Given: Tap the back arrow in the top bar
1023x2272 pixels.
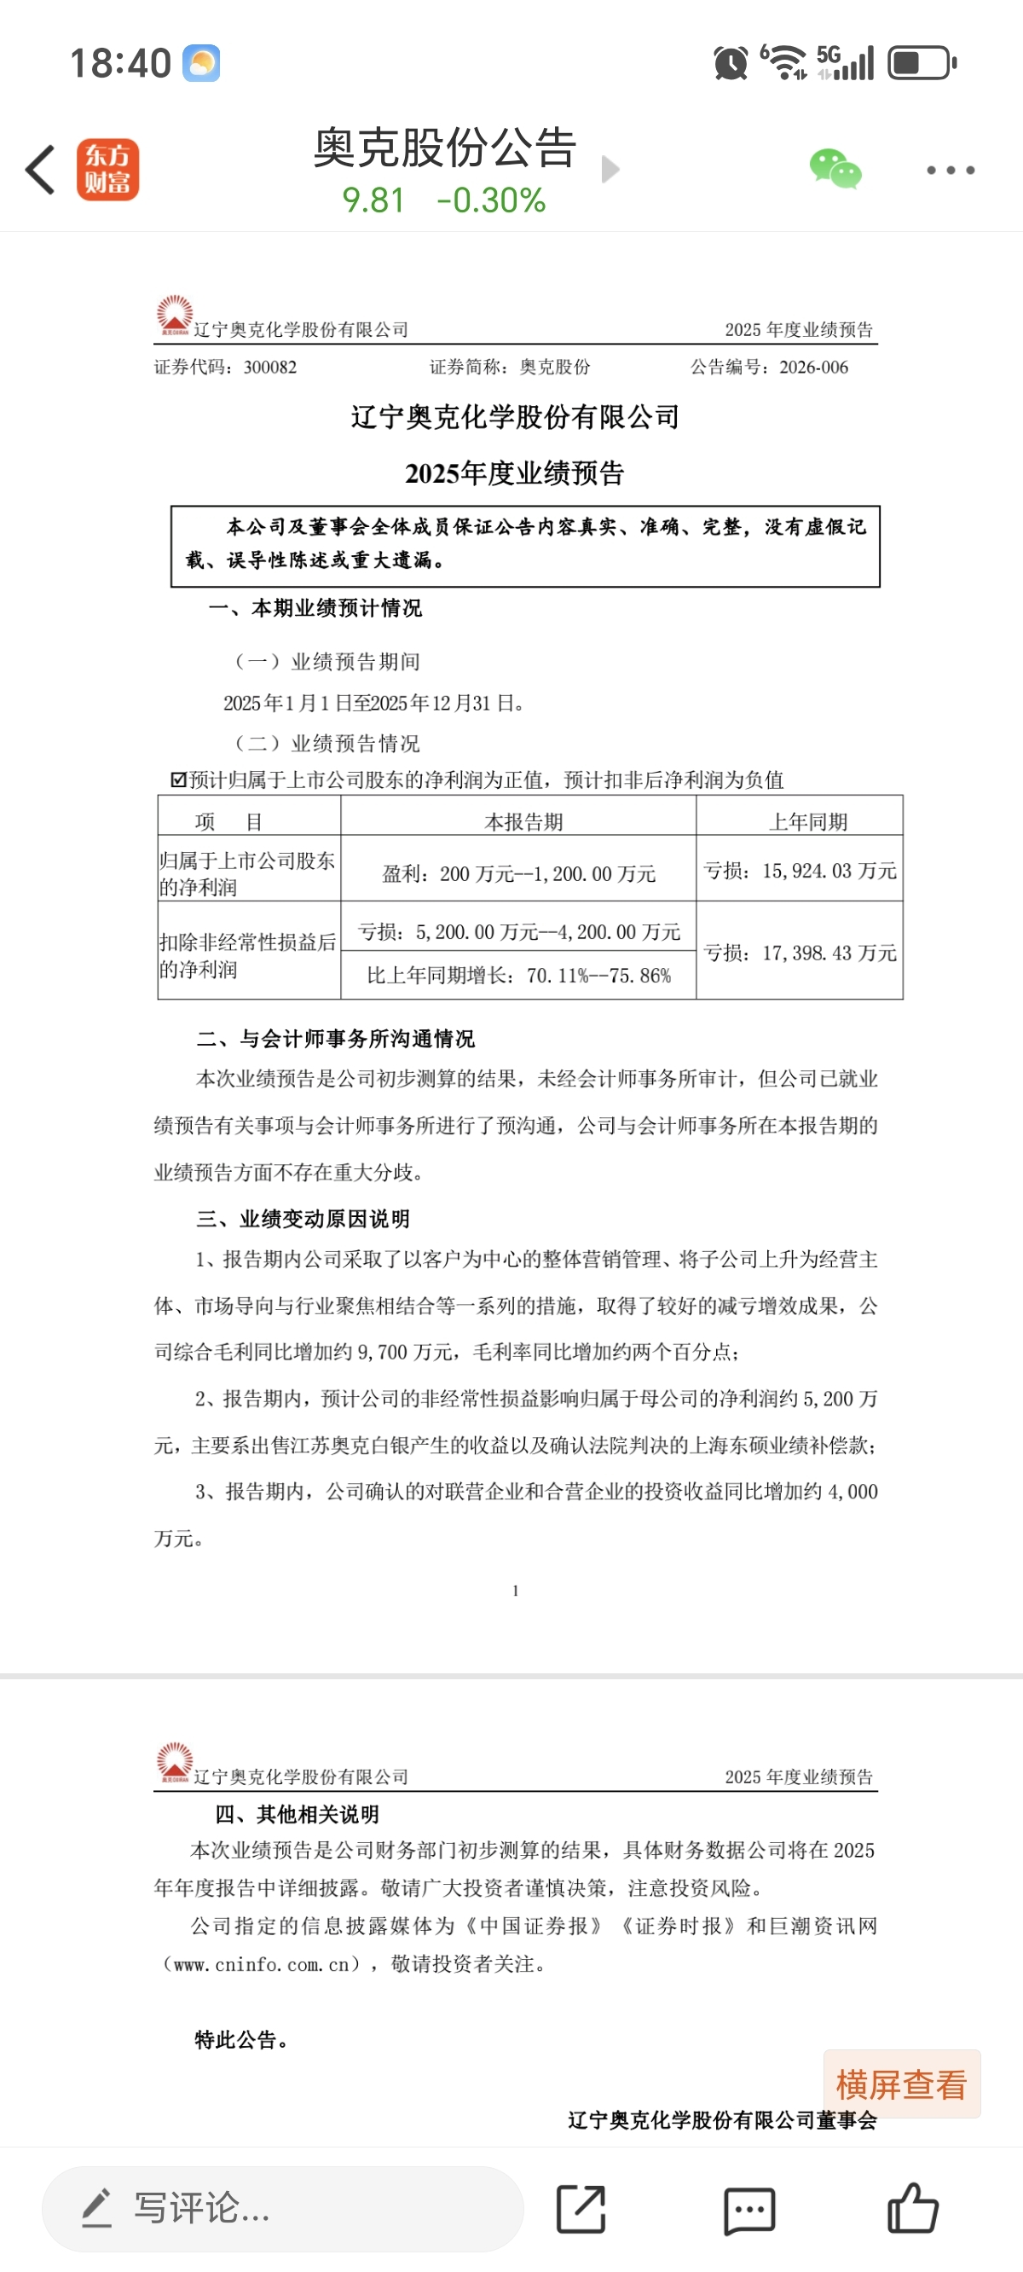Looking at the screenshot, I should [41, 170].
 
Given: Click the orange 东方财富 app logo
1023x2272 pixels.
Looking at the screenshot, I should [107, 170].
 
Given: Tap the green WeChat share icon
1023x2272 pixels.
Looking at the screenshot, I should [835, 170].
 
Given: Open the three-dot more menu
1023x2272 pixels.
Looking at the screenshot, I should [951, 171].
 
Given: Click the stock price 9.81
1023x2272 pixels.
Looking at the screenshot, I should [373, 201].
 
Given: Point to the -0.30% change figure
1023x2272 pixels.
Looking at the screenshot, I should [491, 201].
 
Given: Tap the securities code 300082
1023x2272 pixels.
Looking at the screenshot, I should [270, 367].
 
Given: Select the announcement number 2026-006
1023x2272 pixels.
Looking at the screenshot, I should [813, 367].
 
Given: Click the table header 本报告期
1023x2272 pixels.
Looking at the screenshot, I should [523, 821].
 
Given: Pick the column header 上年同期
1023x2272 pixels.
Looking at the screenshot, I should [808, 821].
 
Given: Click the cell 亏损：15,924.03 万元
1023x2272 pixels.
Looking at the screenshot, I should [800, 872].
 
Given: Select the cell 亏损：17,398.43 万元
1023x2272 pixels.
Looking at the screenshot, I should [800, 953].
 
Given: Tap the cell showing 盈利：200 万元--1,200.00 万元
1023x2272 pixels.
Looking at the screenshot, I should [518, 874].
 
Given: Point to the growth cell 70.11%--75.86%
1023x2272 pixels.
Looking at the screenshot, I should [518, 976].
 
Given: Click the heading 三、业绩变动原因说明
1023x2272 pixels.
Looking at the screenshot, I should [303, 1219].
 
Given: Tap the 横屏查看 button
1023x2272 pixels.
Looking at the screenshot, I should [901, 2085].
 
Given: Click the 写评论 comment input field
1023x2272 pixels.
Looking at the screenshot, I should [282, 2209].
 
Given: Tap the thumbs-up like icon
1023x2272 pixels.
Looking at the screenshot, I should [913, 2209].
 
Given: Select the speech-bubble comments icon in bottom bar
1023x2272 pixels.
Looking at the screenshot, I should [748, 2211].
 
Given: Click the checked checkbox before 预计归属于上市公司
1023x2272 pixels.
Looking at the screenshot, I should [178, 780].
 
